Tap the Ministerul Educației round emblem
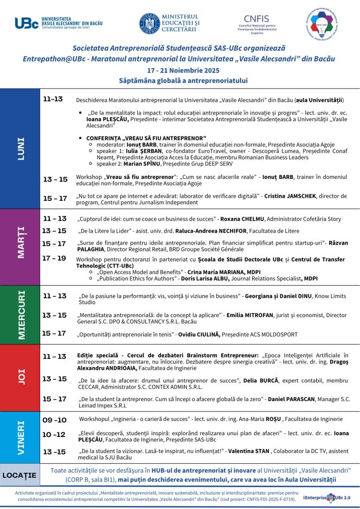tap(150, 23)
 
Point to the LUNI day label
tap(20, 148)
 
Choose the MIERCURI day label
tap(20, 314)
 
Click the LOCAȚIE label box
tap(20, 475)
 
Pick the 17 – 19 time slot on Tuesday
tap(54, 258)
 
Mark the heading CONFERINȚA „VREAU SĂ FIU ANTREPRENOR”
tap(146, 138)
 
